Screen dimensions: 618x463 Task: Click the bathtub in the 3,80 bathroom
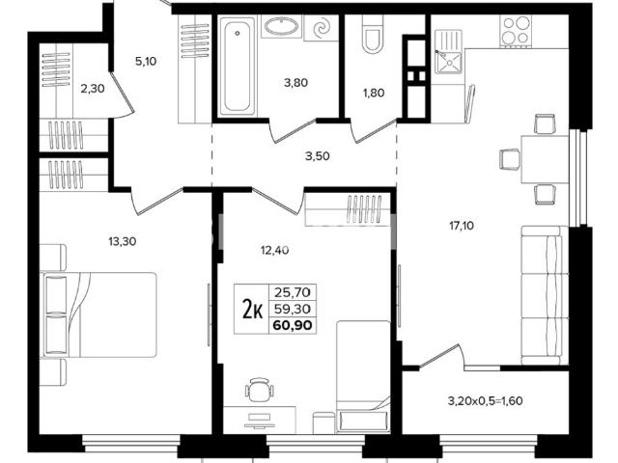tap(238, 67)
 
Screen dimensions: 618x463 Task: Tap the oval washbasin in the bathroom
tap(280, 26)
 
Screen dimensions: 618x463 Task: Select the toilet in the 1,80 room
tap(371, 36)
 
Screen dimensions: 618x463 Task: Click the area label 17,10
tap(462, 226)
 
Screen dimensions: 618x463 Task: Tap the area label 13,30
tap(123, 241)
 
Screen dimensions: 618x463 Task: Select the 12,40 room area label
tap(274, 250)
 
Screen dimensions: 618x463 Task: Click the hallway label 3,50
tap(318, 156)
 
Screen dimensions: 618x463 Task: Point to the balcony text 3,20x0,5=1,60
tap(485, 401)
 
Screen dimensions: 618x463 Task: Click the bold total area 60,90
tap(293, 326)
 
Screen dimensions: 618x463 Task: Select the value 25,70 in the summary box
tap(293, 292)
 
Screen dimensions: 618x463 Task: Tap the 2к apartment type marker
tap(253, 309)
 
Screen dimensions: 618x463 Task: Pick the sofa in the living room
tap(545, 295)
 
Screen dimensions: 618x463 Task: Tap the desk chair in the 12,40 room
tap(260, 389)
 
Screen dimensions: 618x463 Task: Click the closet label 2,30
tap(93, 89)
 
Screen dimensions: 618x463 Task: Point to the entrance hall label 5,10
tap(146, 62)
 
